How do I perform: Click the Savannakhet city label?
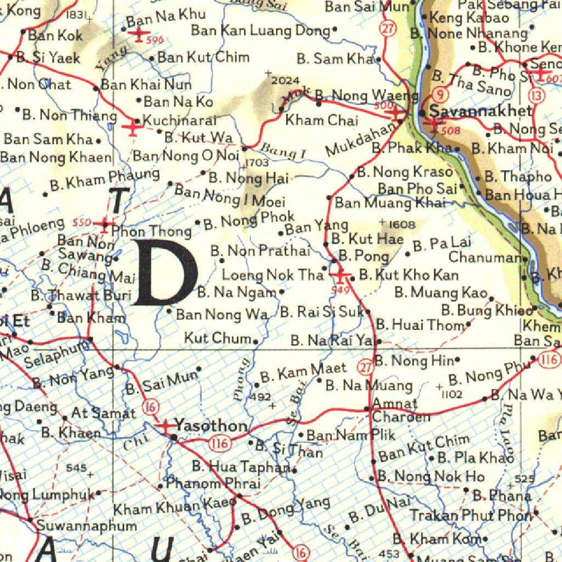click(481, 111)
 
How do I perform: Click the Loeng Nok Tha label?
click(272, 274)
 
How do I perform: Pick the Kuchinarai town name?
click(179, 120)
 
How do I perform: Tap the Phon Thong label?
click(151, 231)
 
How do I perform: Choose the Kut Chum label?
click(217, 338)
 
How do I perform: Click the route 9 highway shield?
click(440, 94)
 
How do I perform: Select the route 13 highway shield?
click(538, 96)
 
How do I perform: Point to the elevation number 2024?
click(285, 81)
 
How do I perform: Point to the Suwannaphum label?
click(87, 526)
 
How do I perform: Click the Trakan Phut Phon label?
click(471, 515)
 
